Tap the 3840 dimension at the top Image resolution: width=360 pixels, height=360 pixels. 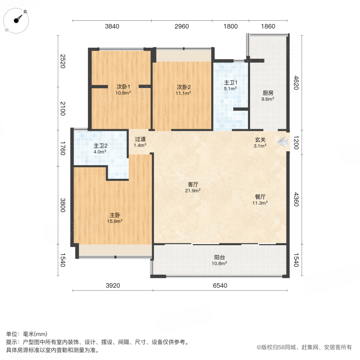click(x=112, y=27)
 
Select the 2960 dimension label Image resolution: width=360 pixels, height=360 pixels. click(x=182, y=27)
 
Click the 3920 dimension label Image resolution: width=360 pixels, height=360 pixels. click(x=113, y=286)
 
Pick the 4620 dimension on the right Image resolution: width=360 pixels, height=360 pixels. click(x=296, y=83)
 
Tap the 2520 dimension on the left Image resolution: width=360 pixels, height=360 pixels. click(x=62, y=61)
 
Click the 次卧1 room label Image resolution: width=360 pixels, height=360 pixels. click(x=123, y=86)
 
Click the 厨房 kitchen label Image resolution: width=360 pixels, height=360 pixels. click(x=268, y=93)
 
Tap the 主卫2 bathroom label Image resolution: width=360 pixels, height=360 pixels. click(x=100, y=146)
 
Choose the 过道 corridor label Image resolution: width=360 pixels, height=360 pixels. click(x=140, y=139)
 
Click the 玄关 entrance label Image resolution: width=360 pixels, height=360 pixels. click(x=260, y=140)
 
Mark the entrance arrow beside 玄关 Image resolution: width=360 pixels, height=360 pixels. click(x=283, y=141)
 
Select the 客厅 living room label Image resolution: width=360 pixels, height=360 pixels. click(x=194, y=184)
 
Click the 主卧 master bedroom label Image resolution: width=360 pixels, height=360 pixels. click(x=115, y=215)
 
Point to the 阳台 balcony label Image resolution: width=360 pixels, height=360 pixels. click(x=219, y=257)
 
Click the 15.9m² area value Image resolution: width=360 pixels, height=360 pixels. click(x=115, y=221)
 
